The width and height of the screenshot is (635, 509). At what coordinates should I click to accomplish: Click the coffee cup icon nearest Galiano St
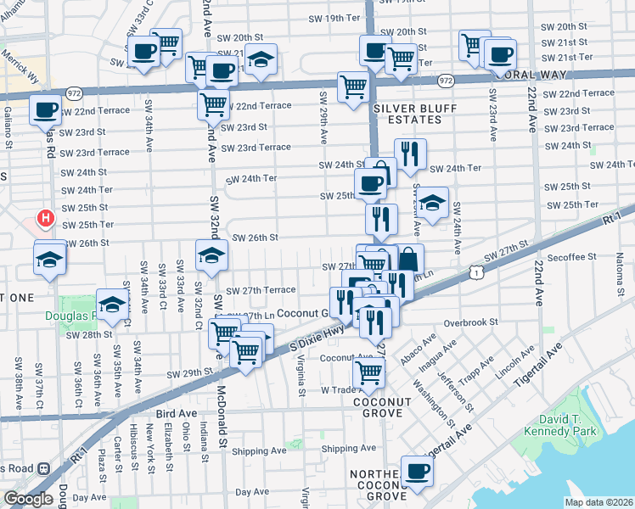(45, 109)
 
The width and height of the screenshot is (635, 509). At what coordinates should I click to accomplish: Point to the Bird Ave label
(176, 413)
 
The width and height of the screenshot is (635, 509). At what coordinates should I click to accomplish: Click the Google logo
(28, 499)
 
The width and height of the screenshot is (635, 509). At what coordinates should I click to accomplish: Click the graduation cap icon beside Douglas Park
(112, 306)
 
